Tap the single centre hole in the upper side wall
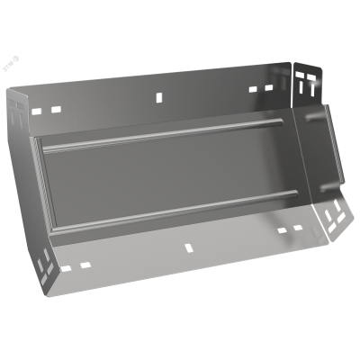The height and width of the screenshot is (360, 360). click(x=158, y=94)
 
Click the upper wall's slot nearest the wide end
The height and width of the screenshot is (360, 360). click(x=40, y=109)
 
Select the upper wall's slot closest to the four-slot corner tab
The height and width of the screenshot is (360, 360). click(x=268, y=88)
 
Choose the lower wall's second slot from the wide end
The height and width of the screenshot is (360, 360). click(x=85, y=263)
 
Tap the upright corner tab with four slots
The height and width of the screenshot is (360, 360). click(x=306, y=83)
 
